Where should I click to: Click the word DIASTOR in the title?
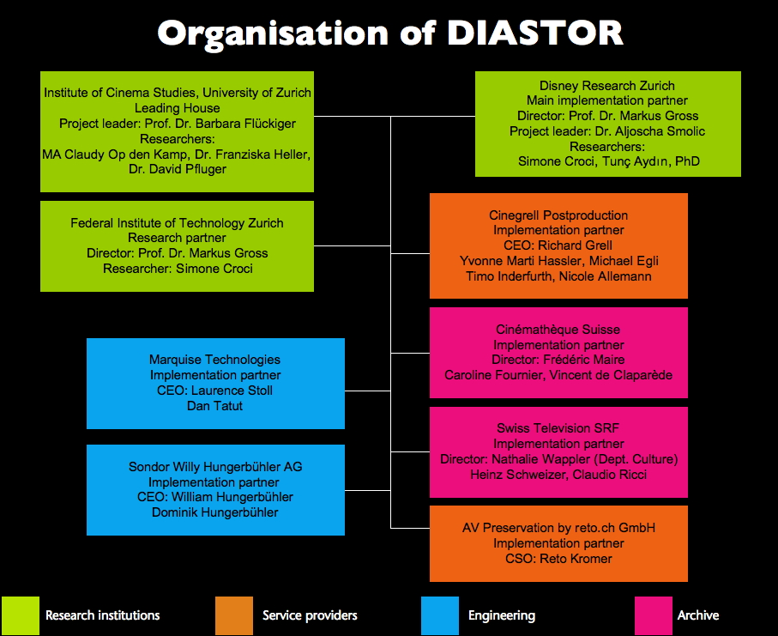534,33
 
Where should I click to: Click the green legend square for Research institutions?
20,615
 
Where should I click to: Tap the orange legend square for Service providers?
234,615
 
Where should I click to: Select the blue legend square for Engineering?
440,615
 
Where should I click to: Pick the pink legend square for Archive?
653,615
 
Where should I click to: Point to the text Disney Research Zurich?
607,86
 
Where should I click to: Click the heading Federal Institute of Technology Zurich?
177,223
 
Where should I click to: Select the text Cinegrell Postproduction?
558,215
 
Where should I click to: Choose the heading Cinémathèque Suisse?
558,330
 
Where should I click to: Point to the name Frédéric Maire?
588,360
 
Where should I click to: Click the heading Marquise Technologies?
214,360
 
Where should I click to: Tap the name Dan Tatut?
214,405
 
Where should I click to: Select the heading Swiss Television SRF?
558,428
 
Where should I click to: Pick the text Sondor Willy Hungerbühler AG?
215,467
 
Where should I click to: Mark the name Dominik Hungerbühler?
215,512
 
